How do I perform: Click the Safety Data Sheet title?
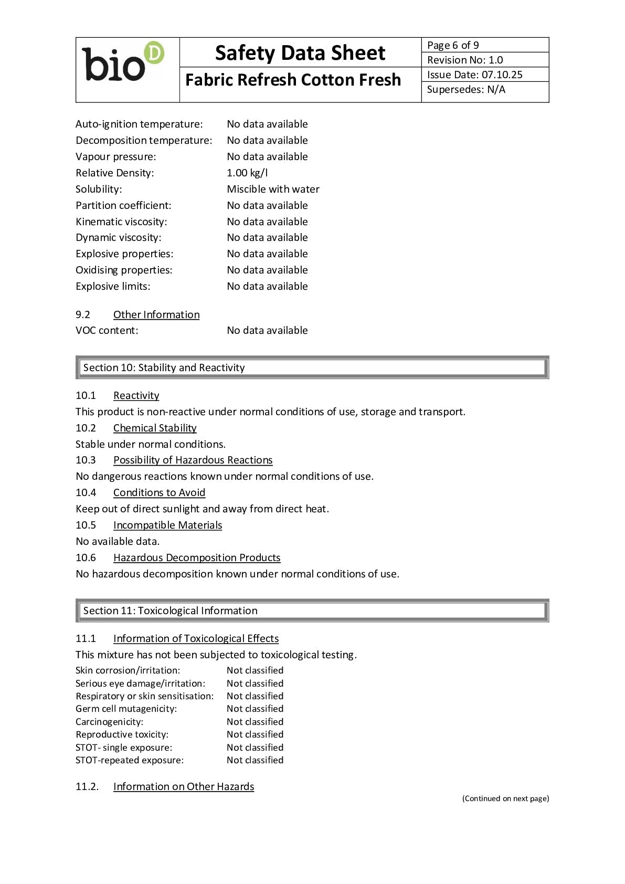point(300,53)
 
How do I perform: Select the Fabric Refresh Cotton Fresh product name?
point(293,80)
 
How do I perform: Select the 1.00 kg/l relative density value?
point(247,173)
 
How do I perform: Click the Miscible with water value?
point(273,189)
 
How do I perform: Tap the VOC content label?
point(107,330)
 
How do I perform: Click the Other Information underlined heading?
point(156,314)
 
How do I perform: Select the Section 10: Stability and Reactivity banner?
point(312,367)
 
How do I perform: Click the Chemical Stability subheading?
point(155,428)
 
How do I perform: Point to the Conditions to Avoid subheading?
point(159,492)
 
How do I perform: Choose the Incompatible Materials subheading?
point(167,525)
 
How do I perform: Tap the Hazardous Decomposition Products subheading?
point(197,557)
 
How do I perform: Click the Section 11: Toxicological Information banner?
point(312,611)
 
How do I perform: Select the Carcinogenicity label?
point(109,722)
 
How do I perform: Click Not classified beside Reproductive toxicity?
point(255,734)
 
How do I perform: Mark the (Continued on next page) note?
point(505,798)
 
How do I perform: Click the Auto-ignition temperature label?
point(139,124)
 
